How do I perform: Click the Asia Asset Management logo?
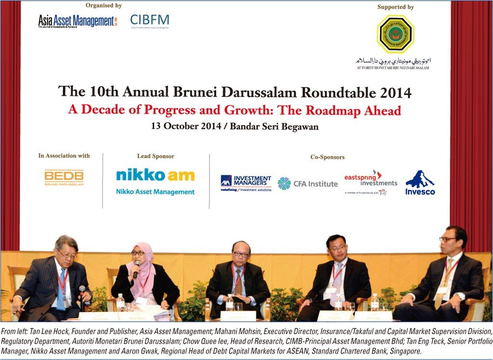(x=78, y=21)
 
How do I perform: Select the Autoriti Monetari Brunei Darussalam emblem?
(x=395, y=34)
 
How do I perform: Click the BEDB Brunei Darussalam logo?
(x=64, y=177)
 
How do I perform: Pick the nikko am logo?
(x=155, y=175)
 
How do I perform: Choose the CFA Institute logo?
(x=308, y=184)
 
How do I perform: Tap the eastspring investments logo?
(x=370, y=181)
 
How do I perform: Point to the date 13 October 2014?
(x=187, y=127)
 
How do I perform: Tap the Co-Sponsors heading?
(x=327, y=157)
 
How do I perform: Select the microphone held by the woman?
(x=136, y=269)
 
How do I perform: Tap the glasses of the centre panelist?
(x=241, y=254)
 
